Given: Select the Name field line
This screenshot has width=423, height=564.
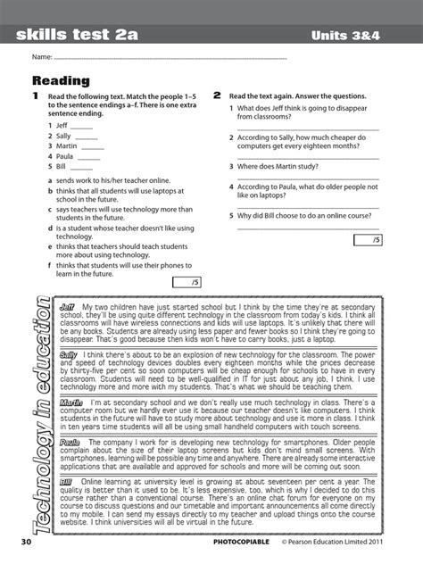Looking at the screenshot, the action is pos(170,59).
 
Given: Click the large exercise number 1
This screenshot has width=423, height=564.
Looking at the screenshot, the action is pos(35,95).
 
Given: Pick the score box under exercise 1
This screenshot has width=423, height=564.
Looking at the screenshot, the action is pos(189,283).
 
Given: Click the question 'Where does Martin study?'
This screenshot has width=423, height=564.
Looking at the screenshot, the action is pos(282,165).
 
